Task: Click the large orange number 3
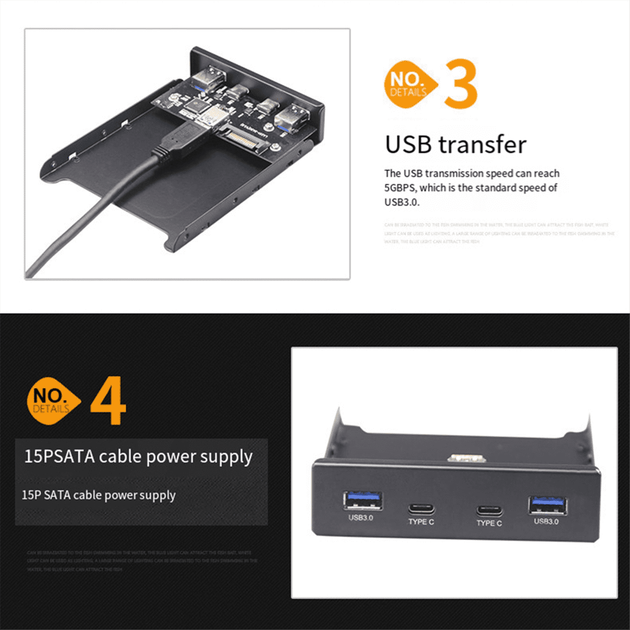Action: [x=460, y=84]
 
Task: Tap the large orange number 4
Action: [x=108, y=400]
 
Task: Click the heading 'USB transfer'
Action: [x=455, y=145]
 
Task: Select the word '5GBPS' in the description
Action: [x=401, y=188]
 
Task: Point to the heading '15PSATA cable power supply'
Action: [x=138, y=456]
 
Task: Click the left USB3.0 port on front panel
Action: [x=362, y=501]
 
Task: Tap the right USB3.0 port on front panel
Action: [x=548, y=505]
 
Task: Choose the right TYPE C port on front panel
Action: [x=489, y=510]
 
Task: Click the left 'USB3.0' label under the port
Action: [x=361, y=518]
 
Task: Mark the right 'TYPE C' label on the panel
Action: [x=489, y=523]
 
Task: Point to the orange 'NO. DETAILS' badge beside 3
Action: [x=409, y=84]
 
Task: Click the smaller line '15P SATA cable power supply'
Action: [x=98, y=495]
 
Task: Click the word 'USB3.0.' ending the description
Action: [x=402, y=202]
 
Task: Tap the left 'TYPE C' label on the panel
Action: [x=421, y=522]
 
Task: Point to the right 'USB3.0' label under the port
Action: [x=546, y=521]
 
